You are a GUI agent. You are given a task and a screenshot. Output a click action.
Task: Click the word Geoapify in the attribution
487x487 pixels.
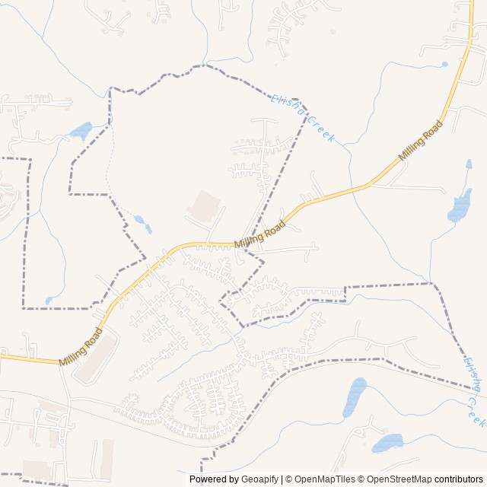(x=260, y=479)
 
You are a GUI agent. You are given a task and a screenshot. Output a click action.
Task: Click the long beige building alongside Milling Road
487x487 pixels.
(x=96, y=358)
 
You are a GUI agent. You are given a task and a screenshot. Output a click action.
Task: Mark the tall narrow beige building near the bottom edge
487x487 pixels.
(x=107, y=457)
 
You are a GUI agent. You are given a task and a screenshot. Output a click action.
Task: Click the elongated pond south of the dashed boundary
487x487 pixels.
(x=354, y=396)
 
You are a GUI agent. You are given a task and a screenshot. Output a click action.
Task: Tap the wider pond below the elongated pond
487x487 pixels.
(x=387, y=442)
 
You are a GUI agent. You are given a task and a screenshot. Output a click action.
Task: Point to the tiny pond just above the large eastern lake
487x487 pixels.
(x=469, y=164)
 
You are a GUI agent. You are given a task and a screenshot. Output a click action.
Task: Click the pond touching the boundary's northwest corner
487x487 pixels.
(x=81, y=131)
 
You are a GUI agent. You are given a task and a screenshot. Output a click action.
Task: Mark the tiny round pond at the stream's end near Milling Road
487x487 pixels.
(x=444, y=65)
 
